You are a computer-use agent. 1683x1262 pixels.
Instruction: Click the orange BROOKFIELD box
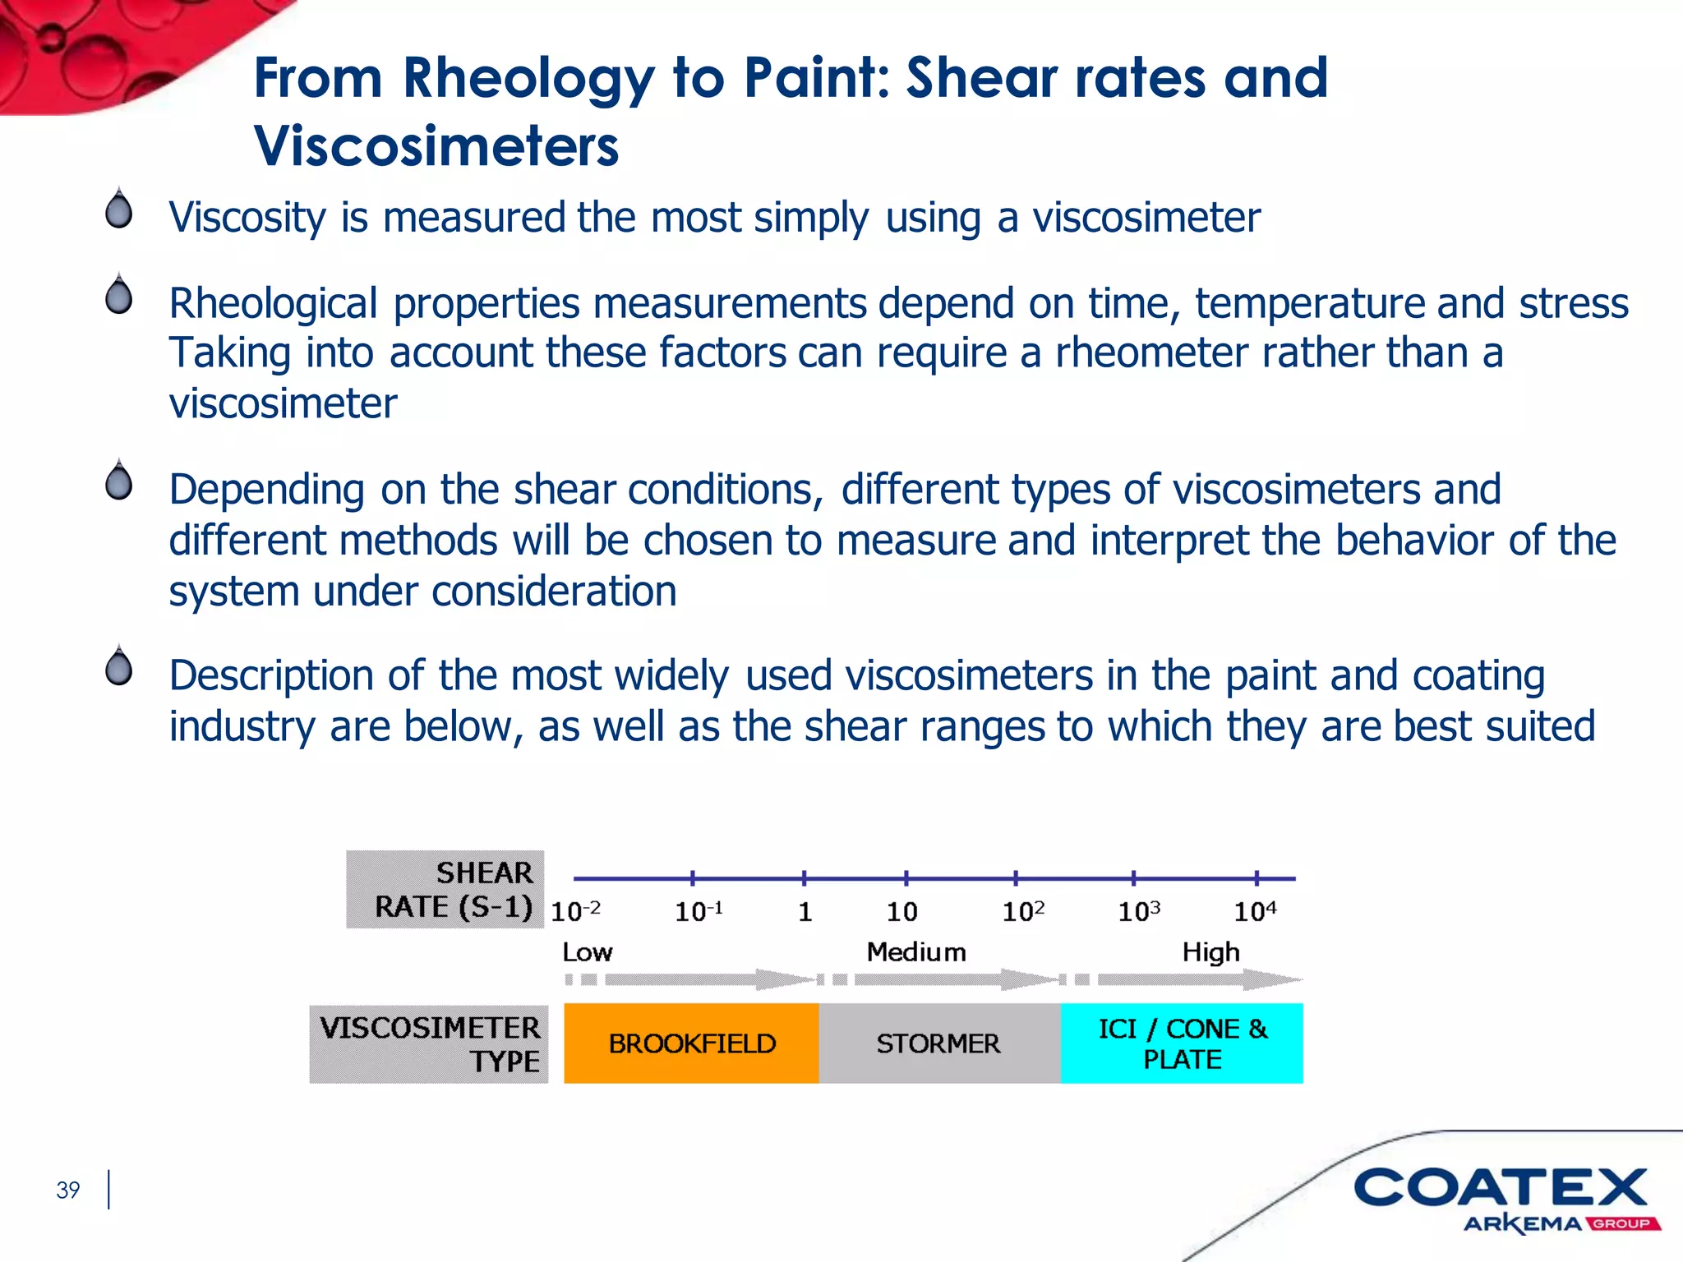[x=691, y=1043]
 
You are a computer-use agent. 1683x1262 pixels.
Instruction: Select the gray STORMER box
[x=939, y=1043]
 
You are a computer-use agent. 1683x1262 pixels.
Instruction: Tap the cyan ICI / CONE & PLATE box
[x=1182, y=1043]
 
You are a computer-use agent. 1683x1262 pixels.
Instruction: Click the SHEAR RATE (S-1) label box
[x=445, y=890]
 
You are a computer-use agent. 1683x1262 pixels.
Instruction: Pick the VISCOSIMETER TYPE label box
[x=429, y=1044]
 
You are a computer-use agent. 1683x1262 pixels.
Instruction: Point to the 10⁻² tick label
[x=575, y=911]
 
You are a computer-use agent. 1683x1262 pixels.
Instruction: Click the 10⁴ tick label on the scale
[x=1255, y=911]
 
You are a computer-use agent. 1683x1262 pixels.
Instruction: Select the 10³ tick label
[x=1139, y=911]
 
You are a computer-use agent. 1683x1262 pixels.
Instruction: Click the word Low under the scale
[x=587, y=952]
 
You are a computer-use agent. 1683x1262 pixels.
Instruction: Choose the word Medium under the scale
[x=916, y=952]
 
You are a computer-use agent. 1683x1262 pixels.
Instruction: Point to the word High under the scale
[x=1210, y=952]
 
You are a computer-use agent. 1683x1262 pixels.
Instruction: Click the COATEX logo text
[x=1501, y=1188]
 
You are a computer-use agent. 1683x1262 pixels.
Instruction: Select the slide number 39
[x=68, y=1190]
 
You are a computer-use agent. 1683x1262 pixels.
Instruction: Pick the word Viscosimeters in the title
[x=436, y=146]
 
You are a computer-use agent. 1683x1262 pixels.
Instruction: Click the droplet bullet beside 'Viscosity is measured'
[x=119, y=209]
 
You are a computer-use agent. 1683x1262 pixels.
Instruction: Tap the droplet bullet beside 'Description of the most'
[x=119, y=666]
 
